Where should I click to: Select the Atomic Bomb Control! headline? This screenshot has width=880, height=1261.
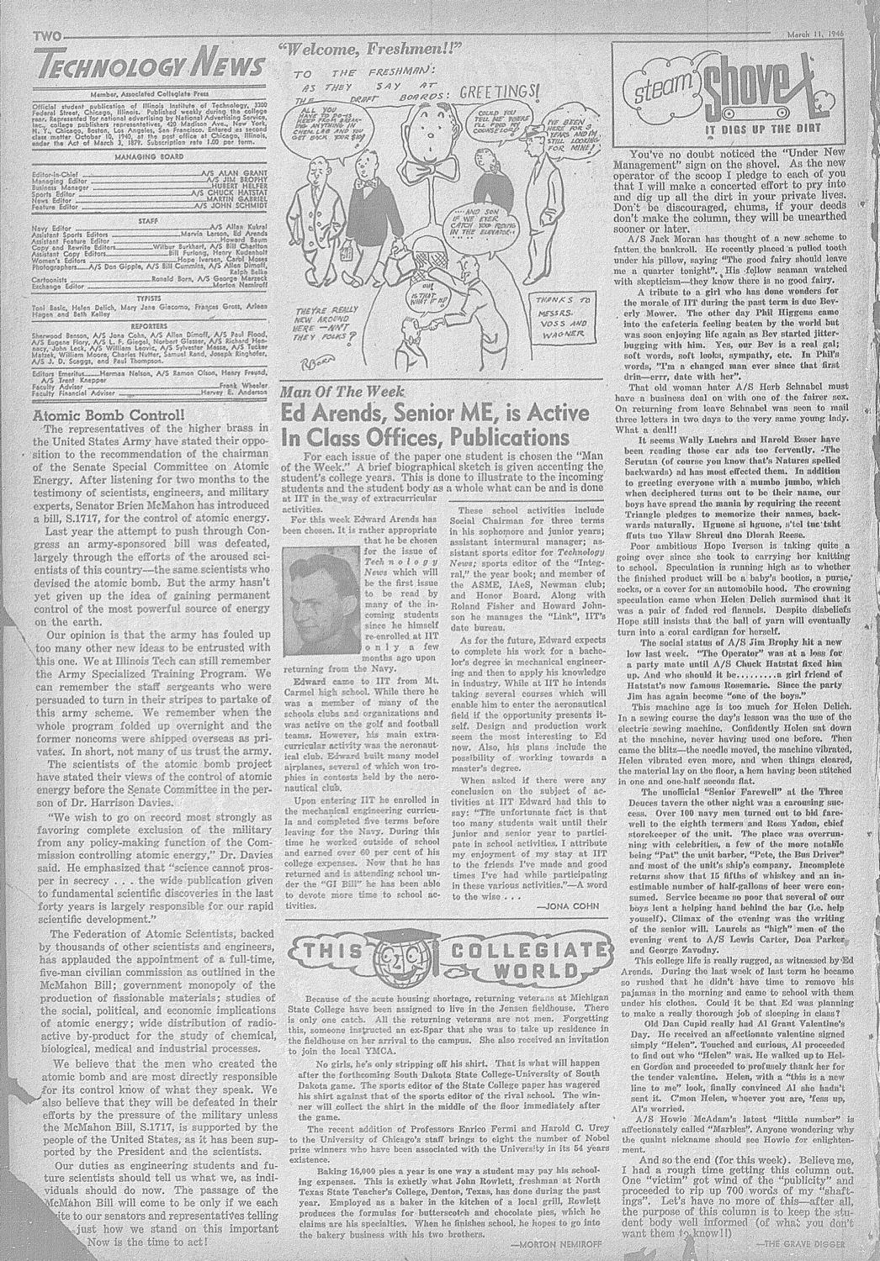point(106,414)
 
